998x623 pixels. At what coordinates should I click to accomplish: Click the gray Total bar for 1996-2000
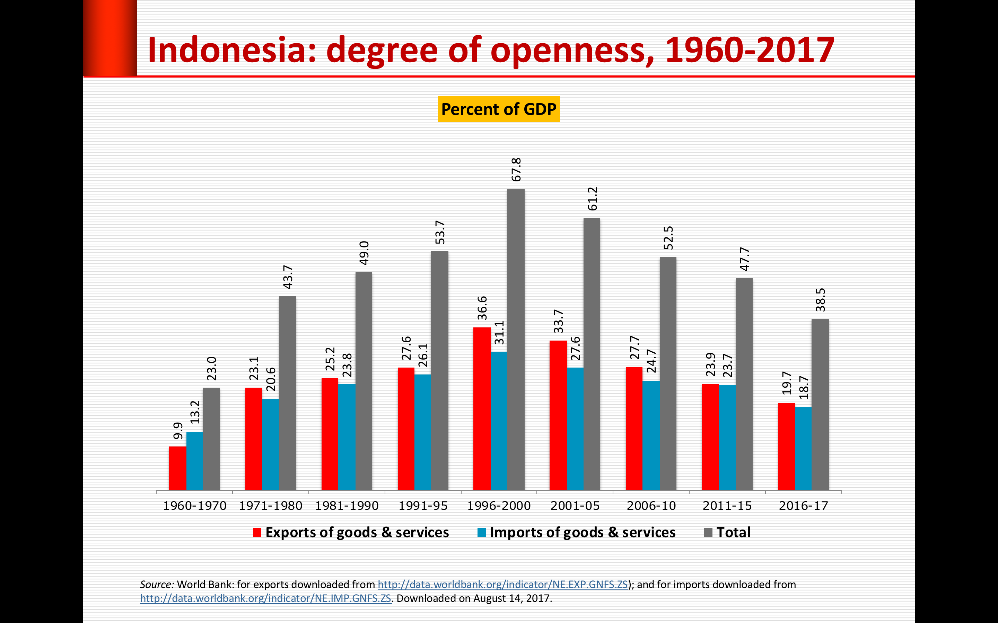click(516, 340)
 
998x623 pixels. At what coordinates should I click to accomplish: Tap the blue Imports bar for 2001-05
click(575, 428)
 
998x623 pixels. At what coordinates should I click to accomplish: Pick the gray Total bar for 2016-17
click(820, 405)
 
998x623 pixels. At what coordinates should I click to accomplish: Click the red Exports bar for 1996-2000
click(482, 409)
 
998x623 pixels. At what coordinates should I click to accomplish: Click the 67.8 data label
click(516, 170)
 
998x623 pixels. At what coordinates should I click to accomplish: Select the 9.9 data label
click(178, 431)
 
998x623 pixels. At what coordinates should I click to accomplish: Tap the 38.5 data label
click(820, 300)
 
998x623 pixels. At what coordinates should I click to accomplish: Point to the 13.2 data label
click(195, 412)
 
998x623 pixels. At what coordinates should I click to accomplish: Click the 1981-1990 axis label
click(347, 506)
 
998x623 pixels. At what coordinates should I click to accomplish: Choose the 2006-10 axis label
click(651, 506)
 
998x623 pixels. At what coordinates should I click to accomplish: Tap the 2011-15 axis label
click(727, 506)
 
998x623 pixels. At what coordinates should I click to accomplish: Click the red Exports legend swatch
click(257, 532)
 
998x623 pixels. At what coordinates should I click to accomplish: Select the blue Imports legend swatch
click(481, 532)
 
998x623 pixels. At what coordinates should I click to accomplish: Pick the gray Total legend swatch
click(708, 532)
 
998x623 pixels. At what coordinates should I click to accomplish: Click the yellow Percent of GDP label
click(499, 109)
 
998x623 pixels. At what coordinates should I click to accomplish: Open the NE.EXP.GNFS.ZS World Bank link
click(502, 584)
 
